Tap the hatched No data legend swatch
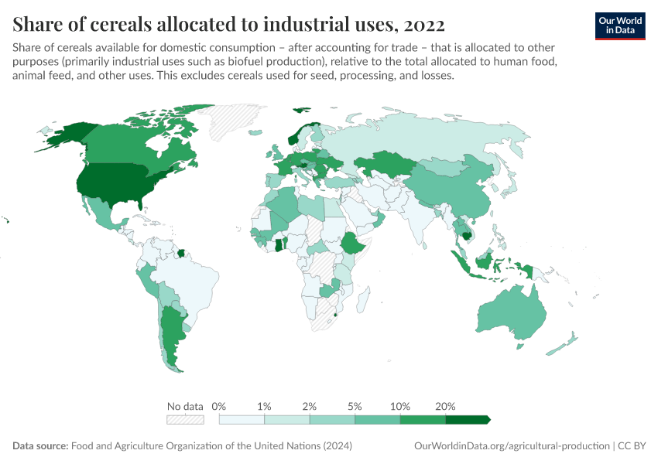click(x=185, y=420)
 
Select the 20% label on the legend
click(x=446, y=406)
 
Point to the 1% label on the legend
click(x=264, y=406)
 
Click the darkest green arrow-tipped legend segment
click(x=468, y=420)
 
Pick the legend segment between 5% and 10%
click(x=377, y=420)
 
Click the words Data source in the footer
click(x=40, y=446)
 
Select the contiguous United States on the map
click(x=116, y=186)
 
